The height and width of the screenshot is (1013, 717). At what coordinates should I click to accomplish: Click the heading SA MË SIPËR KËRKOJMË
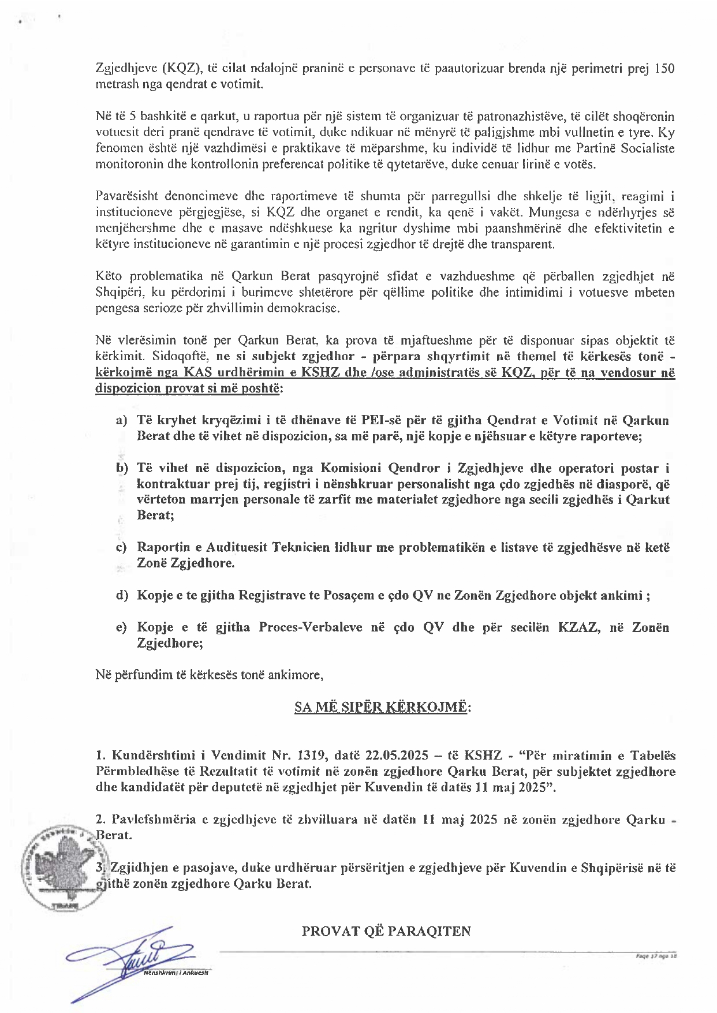[x=382, y=707]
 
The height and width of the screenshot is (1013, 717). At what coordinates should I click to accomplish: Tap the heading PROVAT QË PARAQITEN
[x=386, y=931]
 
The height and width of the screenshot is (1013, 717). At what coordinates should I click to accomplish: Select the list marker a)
[x=121, y=420]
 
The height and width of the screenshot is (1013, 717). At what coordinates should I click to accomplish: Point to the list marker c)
[x=121, y=547]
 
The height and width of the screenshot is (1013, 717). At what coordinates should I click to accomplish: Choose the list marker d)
[x=121, y=595]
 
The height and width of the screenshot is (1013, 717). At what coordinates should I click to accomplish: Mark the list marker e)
[x=121, y=627]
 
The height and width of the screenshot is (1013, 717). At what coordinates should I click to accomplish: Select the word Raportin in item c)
[x=163, y=547]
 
